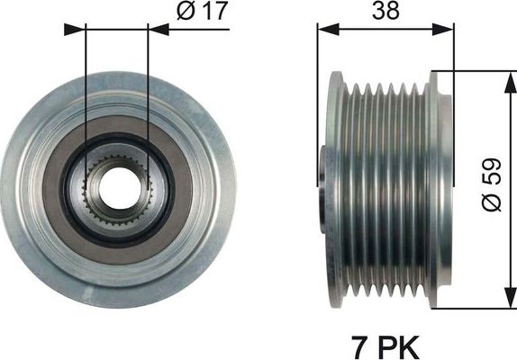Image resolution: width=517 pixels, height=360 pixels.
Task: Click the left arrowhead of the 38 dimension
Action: tap(323, 28)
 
